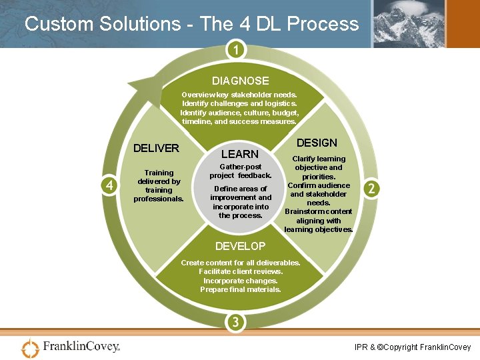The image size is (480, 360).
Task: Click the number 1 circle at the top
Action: (235, 51)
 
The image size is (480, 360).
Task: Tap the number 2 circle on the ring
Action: (371, 189)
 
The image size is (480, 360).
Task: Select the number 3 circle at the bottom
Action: (235, 323)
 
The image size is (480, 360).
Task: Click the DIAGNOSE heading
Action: (241, 81)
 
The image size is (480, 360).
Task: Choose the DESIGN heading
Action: (317, 143)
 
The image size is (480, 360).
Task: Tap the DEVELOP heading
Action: (240, 246)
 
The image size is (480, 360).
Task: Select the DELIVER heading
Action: (156, 148)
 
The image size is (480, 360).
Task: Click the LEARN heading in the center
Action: (239, 154)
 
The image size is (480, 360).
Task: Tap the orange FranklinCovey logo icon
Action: (31, 348)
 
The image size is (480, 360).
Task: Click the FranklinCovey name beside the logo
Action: (81, 347)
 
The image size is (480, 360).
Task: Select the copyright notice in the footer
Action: (413, 347)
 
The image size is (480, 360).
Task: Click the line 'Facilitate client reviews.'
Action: (241, 271)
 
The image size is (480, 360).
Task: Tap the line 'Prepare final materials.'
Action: (241, 289)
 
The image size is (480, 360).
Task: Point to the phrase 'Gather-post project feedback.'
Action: (241, 171)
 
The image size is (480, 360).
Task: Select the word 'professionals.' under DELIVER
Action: (159, 199)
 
